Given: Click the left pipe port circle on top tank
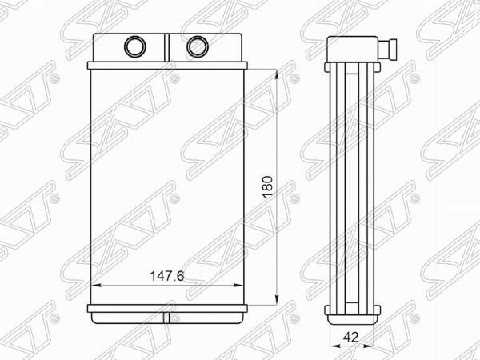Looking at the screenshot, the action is coord(135,46).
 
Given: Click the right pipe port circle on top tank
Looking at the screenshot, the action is coord(198,46).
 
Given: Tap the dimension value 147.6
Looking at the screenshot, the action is coord(167,277).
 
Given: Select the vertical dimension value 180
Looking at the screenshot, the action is coord(267,186).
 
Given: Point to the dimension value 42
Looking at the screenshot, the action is coord(351,337).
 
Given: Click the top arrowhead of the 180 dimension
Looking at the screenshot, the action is coord(277,75).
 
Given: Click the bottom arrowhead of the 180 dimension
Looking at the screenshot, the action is coord(277,300).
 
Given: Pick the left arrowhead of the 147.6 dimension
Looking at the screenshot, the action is coord(97,286).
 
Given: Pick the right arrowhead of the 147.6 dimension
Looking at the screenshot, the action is coord(238,286).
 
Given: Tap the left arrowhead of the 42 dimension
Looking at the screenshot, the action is coord(334,346).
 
